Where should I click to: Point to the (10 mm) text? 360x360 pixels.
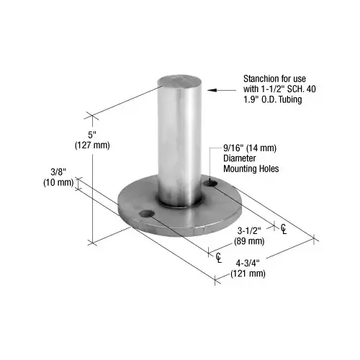pos(58,182)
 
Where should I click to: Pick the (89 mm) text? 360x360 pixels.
pos(251,241)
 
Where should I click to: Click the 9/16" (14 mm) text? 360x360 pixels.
pos(248,149)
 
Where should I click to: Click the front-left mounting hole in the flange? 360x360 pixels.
pos(147,215)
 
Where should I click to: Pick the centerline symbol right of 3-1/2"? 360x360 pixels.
pos(284,230)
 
